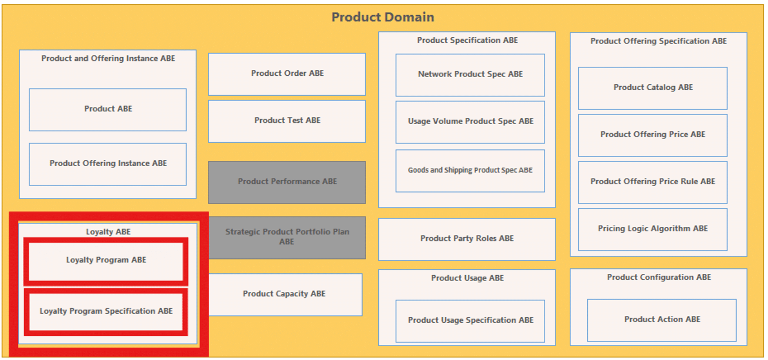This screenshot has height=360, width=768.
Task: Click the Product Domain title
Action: point(383,17)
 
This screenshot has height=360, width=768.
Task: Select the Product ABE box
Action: point(108,110)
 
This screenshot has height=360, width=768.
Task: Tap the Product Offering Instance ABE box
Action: point(108,164)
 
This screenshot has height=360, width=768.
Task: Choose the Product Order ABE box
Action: point(287,74)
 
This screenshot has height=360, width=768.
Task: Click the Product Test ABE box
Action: point(287,121)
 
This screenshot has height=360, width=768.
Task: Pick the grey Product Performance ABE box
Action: point(287,182)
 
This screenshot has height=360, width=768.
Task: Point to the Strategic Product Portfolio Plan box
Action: point(287,238)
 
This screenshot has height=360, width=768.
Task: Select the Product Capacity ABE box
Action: point(285,295)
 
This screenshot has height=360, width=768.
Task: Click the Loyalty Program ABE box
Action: point(106,261)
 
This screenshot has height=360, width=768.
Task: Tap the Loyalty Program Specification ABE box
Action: point(106,312)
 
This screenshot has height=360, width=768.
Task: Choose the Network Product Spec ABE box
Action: point(470,75)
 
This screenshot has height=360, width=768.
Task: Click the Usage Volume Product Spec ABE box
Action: point(470,122)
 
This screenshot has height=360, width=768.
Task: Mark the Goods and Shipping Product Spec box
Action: point(470,171)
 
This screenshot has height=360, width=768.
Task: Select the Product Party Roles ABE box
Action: point(467,239)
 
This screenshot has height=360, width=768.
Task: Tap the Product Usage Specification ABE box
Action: point(470,321)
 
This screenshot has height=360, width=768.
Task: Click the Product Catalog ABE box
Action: point(653,88)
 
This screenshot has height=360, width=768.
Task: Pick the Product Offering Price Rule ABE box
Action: point(653,182)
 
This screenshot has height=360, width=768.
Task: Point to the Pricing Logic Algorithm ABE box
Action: point(653,229)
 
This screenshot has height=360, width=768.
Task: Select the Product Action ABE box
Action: point(662,320)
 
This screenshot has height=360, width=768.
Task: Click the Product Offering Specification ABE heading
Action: point(659,41)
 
